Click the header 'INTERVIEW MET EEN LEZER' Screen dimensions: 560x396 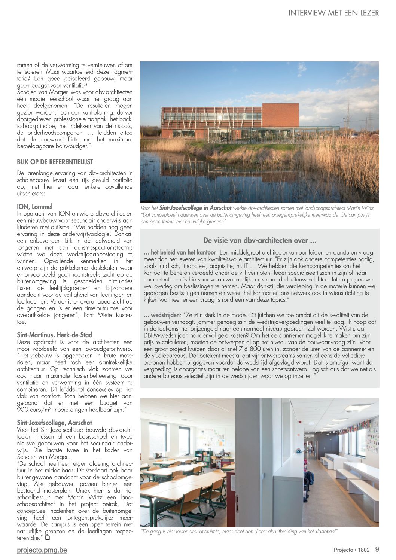tap(333, 13)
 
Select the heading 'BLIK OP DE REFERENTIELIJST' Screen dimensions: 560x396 tap(55, 162)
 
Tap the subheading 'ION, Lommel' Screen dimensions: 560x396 tap(35, 207)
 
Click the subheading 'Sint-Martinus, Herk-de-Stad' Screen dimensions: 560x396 tap(55, 335)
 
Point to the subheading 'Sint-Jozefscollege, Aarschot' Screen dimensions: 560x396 tap(55, 423)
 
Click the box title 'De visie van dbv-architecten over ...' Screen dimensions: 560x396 tap(260, 240)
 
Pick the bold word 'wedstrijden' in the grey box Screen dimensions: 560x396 tap(165, 315)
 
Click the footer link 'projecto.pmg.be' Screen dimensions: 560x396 tap(42, 550)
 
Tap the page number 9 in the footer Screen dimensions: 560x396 tap(377, 550)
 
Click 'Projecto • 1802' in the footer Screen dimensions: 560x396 tap(351, 550)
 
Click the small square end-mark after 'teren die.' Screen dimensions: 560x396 tap(48, 538)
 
